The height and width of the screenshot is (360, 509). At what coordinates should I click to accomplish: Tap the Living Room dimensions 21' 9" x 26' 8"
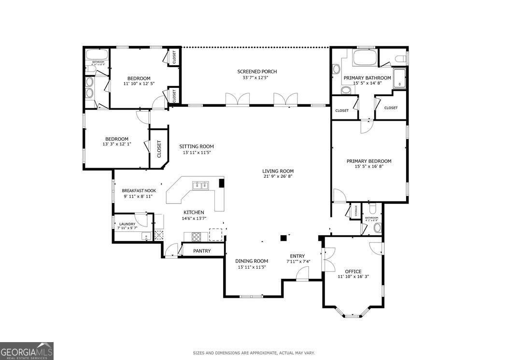pos(278,176)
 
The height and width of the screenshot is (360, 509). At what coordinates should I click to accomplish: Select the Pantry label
pos(201,251)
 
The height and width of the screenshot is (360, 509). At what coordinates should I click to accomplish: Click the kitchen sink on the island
pos(200,185)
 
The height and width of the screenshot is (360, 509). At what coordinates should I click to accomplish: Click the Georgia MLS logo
pos(27,351)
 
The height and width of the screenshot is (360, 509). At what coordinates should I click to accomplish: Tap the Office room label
pos(353,271)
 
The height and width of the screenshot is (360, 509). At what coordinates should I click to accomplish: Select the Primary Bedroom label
pos(369,161)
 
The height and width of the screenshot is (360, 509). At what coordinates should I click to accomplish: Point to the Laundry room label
pos(127,224)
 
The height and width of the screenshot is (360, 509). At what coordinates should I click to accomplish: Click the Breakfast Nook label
pos(139,190)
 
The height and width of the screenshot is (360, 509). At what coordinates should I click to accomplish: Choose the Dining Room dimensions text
pos(252,267)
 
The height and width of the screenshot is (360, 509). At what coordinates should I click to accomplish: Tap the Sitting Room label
pos(197,146)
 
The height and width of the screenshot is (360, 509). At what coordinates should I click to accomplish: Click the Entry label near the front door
pos(297,256)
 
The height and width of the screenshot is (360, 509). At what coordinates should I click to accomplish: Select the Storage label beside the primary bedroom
pos(356,211)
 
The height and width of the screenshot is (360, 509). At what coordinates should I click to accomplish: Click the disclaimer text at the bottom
pos(254,353)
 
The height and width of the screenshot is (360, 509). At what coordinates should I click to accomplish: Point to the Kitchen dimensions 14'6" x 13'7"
pos(193,218)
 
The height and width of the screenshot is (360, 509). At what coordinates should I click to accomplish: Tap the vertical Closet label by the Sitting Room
pos(159,149)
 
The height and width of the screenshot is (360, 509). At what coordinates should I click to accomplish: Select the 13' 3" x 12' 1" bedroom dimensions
pos(116,144)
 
